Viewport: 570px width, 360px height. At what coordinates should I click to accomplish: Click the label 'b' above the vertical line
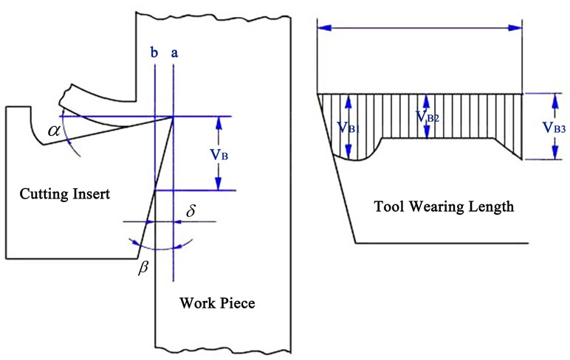(154, 53)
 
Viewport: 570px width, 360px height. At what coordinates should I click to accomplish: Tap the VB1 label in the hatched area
(348, 127)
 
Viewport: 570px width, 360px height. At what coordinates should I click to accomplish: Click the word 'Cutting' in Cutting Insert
(41, 195)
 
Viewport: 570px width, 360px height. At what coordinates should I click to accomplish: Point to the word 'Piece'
(236, 303)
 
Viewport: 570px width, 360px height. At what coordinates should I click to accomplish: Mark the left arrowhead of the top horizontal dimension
(322, 28)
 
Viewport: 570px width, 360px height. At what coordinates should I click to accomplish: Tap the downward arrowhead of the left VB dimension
(219, 185)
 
